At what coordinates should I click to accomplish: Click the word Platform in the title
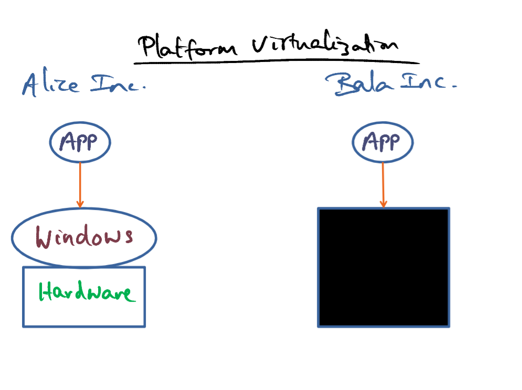[187, 47]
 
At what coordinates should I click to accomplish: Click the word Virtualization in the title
[325, 42]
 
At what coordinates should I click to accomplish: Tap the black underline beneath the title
[276, 61]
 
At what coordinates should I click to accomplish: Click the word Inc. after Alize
[118, 83]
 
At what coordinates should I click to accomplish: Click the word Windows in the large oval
[84, 236]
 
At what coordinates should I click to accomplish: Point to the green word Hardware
[87, 291]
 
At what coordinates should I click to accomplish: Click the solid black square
[383, 268]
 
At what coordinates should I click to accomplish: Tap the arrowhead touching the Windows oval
[80, 204]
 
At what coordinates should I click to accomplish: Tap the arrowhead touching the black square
[383, 204]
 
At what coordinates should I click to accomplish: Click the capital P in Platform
[146, 46]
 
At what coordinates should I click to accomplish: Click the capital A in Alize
[29, 85]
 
